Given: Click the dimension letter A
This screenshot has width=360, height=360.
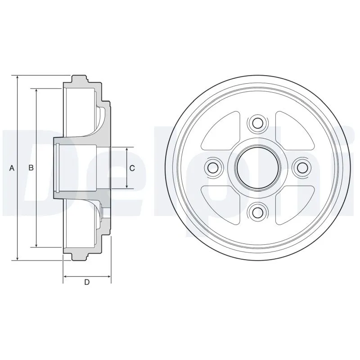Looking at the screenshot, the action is click(12, 168).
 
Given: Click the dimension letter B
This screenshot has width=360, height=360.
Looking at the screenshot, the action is click(31, 168).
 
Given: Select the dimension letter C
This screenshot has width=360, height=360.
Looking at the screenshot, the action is click(132, 168).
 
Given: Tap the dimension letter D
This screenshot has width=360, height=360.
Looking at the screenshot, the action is click(87, 282).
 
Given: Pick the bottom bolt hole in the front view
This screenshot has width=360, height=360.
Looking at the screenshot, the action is click(257, 213).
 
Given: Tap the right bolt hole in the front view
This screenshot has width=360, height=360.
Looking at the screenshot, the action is click(302, 168).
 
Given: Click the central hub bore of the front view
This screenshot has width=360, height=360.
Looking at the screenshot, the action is click(257, 168).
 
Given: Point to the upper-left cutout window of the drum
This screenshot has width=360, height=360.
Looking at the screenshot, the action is click(221, 131).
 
